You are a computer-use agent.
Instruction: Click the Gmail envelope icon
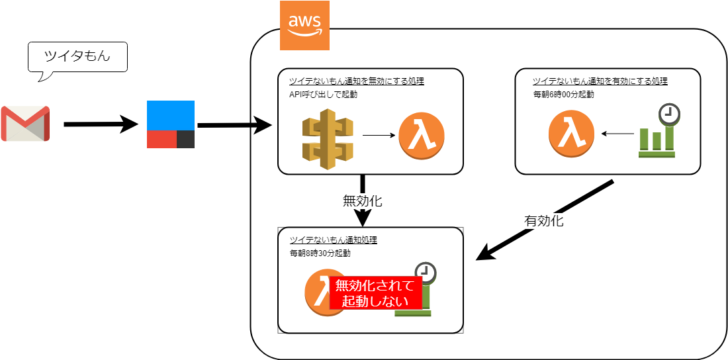pyautogui.click(x=25, y=123)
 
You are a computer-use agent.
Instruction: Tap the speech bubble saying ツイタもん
pyautogui.click(x=77, y=58)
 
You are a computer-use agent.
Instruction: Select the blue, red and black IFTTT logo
pyautogui.click(x=171, y=124)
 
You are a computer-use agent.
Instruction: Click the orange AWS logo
pyautogui.click(x=304, y=26)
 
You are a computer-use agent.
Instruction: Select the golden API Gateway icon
pyautogui.click(x=328, y=136)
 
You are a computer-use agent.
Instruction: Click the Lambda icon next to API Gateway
pyautogui.click(x=422, y=136)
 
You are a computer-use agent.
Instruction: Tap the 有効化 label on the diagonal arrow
pyautogui.click(x=543, y=221)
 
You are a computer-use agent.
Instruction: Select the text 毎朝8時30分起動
pyautogui.click(x=320, y=253)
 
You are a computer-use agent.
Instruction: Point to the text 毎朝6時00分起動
pyautogui.click(x=563, y=94)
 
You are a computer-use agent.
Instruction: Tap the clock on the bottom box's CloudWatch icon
pyautogui.click(x=425, y=273)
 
